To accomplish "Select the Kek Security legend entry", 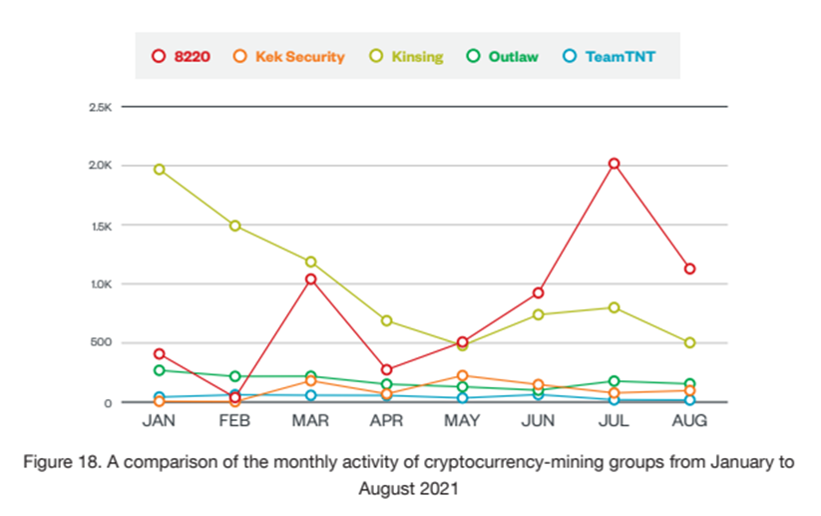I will pyautogui.click(x=288, y=57).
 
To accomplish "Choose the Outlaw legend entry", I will pyautogui.click(x=503, y=57).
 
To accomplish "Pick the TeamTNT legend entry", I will pyautogui.click(x=608, y=57).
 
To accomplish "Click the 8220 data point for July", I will pyautogui.click(x=615, y=163).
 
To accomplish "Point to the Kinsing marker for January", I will pyautogui.click(x=159, y=170).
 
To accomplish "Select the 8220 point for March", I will pyautogui.click(x=311, y=279).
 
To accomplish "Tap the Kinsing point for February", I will pyautogui.click(x=235, y=226).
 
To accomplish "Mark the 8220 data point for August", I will pyautogui.click(x=689, y=268).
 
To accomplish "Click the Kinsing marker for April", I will pyautogui.click(x=387, y=320).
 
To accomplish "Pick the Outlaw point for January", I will pyautogui.click(x=159, y=370).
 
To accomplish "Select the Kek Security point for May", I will pyautogui.click(x=463, y=375).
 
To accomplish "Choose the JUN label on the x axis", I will pyautogui.click(x=539, y=421).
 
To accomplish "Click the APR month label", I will pyautogui.click(x=387, y=421).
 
